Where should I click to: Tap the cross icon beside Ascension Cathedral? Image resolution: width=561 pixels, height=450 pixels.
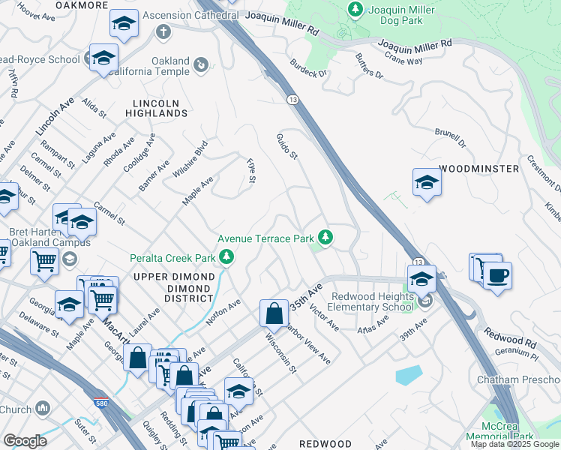162,32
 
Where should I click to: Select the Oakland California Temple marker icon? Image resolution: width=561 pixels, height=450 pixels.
201,66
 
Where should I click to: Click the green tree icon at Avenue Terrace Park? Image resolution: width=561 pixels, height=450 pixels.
325,238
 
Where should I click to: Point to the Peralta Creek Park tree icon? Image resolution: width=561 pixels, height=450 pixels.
226,259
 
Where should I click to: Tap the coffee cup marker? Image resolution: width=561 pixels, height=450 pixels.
498,274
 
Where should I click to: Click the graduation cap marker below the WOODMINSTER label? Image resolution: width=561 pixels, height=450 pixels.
426,182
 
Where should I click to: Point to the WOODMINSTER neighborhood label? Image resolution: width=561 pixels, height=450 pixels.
478,169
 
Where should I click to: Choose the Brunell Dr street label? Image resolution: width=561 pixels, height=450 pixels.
450,137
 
